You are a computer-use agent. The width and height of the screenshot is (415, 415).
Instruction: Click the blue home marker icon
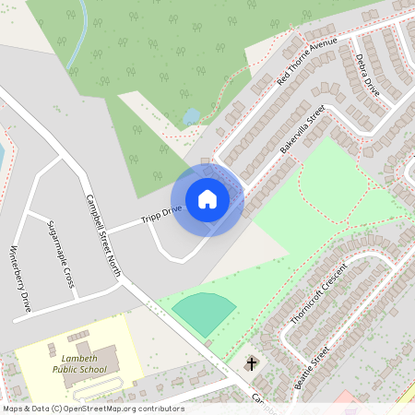[207, 199]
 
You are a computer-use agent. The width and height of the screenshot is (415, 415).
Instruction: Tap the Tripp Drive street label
[161, 216]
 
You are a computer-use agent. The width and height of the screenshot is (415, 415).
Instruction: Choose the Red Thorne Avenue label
[308, 62]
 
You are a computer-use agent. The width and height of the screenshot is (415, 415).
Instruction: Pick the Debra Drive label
[367, 76]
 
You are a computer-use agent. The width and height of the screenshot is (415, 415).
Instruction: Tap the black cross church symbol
[251, 364]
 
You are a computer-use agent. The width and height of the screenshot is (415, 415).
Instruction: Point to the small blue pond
[191, 116]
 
